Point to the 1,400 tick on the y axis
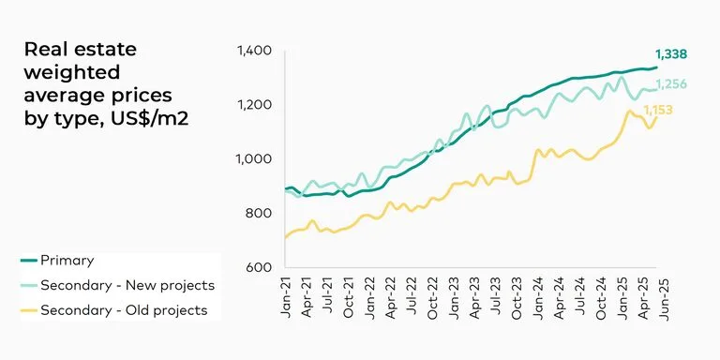[254, 51]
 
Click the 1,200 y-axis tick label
[254, 105]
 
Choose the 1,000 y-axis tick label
[254, 159]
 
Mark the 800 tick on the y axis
[260, 214]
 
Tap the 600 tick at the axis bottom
[260, 268]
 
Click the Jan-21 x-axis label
[286, 298]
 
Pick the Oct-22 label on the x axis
[433, 298]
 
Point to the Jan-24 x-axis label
[538, 298]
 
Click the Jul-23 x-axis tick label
[496, 298]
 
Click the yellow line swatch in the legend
[29, 309]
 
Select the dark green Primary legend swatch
[29, 261]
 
